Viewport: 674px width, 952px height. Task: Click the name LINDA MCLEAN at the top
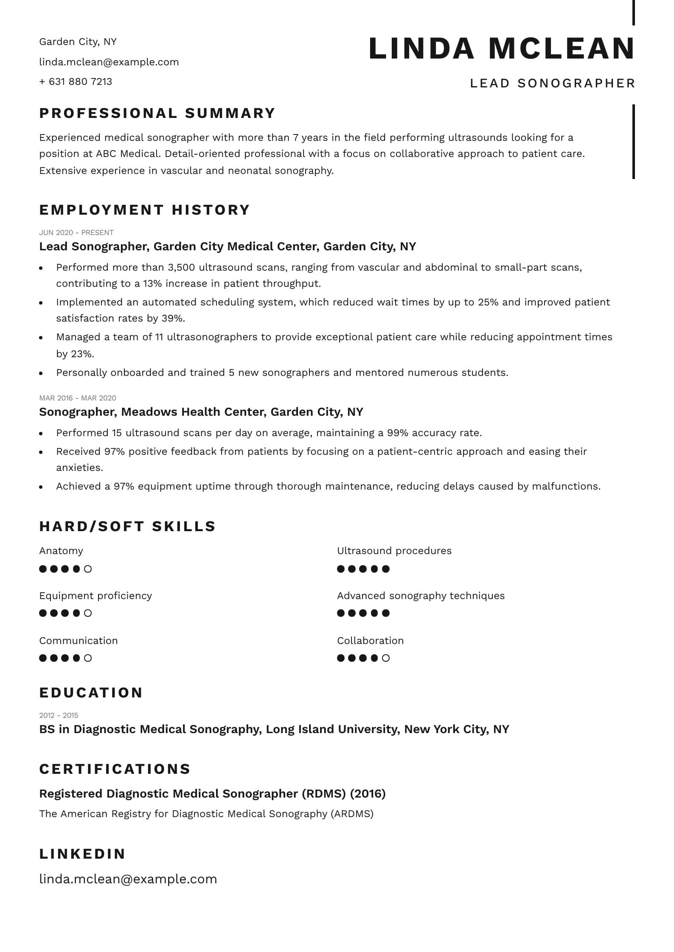pyautogui.click(x=502, y=48)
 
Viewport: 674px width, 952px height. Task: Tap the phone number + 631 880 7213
pyautogui.click(x=76, y=81)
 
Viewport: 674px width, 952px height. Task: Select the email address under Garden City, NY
pyautogui.click(x=109, y=62)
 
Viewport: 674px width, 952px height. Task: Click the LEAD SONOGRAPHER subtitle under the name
pyautogui.click(x=552, y=83)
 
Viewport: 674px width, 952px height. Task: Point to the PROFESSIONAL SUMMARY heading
pyautogui.click(x=157, y=113)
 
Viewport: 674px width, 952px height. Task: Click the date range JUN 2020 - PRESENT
pyautogui.click(x=76, y=232)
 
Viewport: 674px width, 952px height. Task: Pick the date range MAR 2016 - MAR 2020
pyautogui.click(x=78, y=398)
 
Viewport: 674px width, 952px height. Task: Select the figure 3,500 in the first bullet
pyautogui.click(x=181, y=267)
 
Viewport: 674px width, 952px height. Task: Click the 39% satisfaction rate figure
pyautogui.click(x=173, y=318)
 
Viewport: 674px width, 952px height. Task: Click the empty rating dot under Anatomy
pyautogui.click(x=88, y=569)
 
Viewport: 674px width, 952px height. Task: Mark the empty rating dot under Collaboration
pyautogui.click(x=386, y=658)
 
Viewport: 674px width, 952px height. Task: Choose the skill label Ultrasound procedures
pyautogui.click(x=394, y=551)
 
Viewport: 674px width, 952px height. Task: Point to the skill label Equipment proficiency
pyautogui.click(x=95, y=596)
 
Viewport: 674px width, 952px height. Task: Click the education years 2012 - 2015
pyautogui.click(x=59, y=715)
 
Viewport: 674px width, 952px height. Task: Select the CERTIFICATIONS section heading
pyautogui.click(x=115, y=769)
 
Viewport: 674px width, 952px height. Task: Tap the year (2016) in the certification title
pyautogui.click(x=368, y=793)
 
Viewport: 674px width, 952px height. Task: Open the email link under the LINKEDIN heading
pyautogui.click(x=128, y=879)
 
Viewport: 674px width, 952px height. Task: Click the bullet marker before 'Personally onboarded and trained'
pyautogui.click(x=41, y=373)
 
